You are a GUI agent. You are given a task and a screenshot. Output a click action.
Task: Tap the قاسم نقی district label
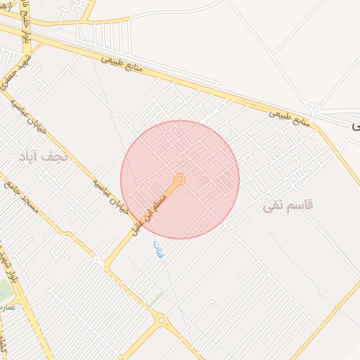click(x=288, y=206)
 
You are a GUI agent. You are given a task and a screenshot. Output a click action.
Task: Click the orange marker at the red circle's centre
click(x=180, y=179)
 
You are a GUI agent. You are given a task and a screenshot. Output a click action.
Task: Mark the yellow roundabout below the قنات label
click(x=161, y=321)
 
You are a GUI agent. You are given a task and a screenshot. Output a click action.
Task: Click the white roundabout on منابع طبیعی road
click(x=316, y=109)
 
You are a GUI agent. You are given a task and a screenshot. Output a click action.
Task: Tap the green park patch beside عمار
click(x=4, y=288)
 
